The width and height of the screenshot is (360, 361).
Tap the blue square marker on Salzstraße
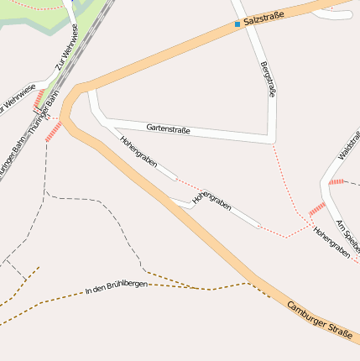(x=237, y=24)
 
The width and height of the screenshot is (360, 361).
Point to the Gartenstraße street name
(x=168, y=129)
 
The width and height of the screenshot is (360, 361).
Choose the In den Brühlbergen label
(x=117, y=288)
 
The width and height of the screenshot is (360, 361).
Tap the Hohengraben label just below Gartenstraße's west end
(x=138, y=152)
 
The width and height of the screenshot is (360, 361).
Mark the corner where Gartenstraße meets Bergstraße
(x=273, y=139)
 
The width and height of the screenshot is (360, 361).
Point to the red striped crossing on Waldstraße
(x=337, y=181)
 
